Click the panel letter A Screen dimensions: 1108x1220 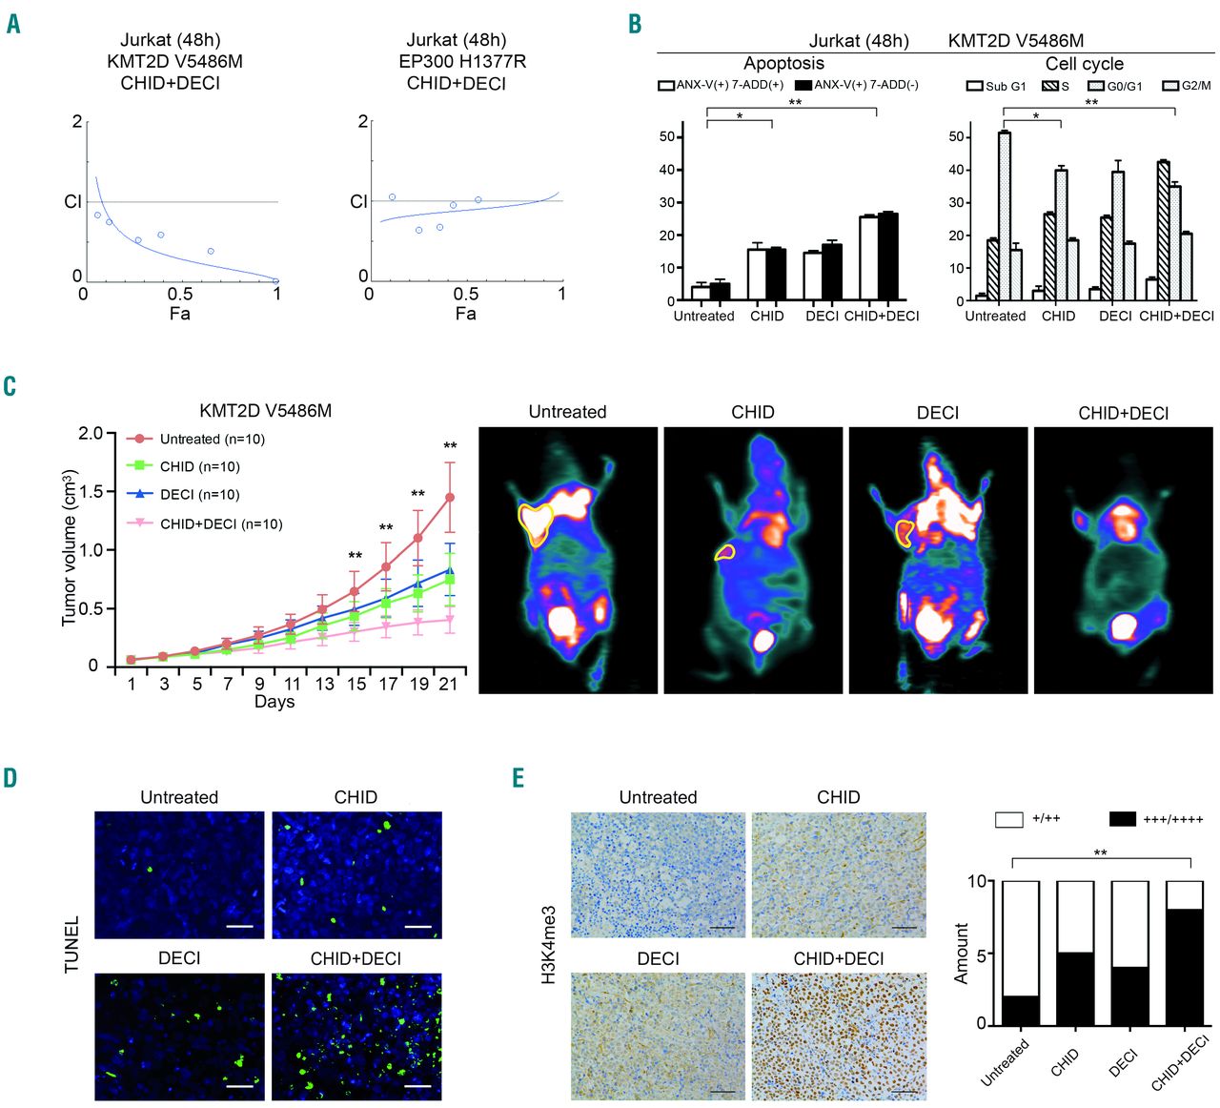pos(13,23)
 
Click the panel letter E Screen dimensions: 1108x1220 pos(518,778)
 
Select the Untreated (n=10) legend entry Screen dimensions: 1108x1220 pos(212,440)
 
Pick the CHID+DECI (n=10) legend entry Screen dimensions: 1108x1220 pos(220,523)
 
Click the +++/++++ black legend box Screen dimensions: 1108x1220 pos(1124,819)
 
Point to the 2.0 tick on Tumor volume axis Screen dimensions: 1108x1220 pos(91,434)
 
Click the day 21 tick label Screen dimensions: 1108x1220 pos(448,684)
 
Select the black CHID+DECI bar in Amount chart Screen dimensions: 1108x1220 pos(1184,967)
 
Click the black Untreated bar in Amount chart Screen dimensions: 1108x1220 pos(1021,1010)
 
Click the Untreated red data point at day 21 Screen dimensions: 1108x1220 pos(450,497)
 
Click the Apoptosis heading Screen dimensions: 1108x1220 pos(783,64)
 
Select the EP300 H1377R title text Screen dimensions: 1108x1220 pos(462,61)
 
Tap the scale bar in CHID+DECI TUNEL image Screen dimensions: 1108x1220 pos(417,1085)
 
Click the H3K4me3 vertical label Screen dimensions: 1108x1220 pos(549,944)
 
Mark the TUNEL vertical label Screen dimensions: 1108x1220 pos(72,944)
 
